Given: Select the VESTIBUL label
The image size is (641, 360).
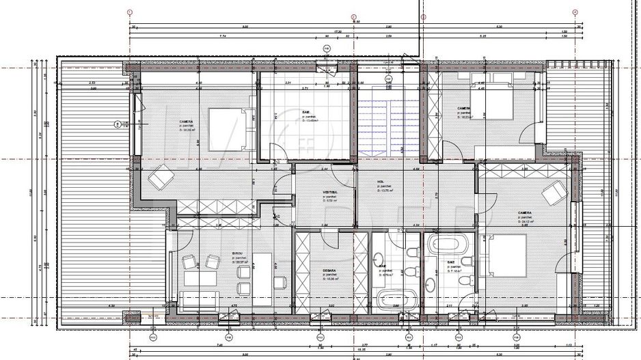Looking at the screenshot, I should pos(331,193).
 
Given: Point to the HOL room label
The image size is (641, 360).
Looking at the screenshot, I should pos(380,182).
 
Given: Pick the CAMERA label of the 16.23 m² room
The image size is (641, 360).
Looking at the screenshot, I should pos(464,108).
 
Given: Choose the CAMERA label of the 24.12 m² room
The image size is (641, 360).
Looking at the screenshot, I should pos(524,212).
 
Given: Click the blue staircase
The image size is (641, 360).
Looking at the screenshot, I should pos(385,127).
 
